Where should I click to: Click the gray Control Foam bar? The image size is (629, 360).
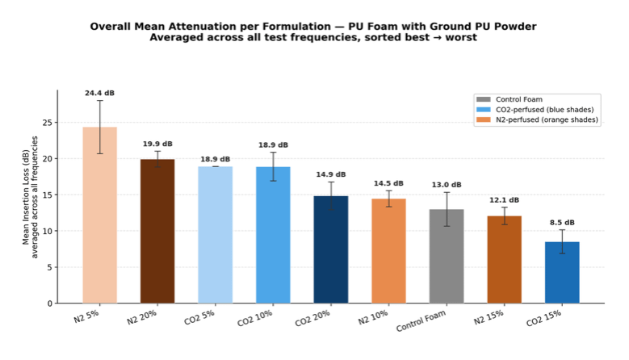(x=447, y=256)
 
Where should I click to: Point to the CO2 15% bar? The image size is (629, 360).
(x=562, y=272)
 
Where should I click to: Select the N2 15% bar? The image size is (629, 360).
(x=504, y=259)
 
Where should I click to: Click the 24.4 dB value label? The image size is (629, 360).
(x=100, y=94)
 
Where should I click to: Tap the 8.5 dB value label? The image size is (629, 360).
(x=562, y=223)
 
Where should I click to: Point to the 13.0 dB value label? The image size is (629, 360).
(x=447, y=185)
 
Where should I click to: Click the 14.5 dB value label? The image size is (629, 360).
(x=388, y=183)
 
